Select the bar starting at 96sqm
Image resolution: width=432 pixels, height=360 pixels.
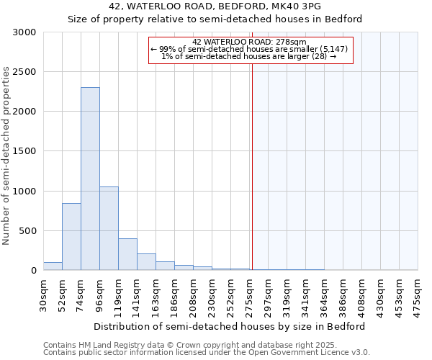coord(109,228)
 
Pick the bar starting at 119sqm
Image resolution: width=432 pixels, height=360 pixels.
coord(127,254)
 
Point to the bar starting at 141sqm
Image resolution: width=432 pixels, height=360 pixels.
coord(146,262)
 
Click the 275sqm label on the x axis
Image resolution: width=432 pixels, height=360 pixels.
coord(250,294)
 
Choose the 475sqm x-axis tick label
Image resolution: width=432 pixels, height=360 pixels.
coord(418,294)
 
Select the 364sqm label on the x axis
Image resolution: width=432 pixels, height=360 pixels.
coord(324,294)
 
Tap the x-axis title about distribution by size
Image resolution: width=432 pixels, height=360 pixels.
coord(229,326)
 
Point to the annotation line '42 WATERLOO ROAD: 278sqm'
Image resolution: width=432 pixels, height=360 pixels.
coord(250,42)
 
